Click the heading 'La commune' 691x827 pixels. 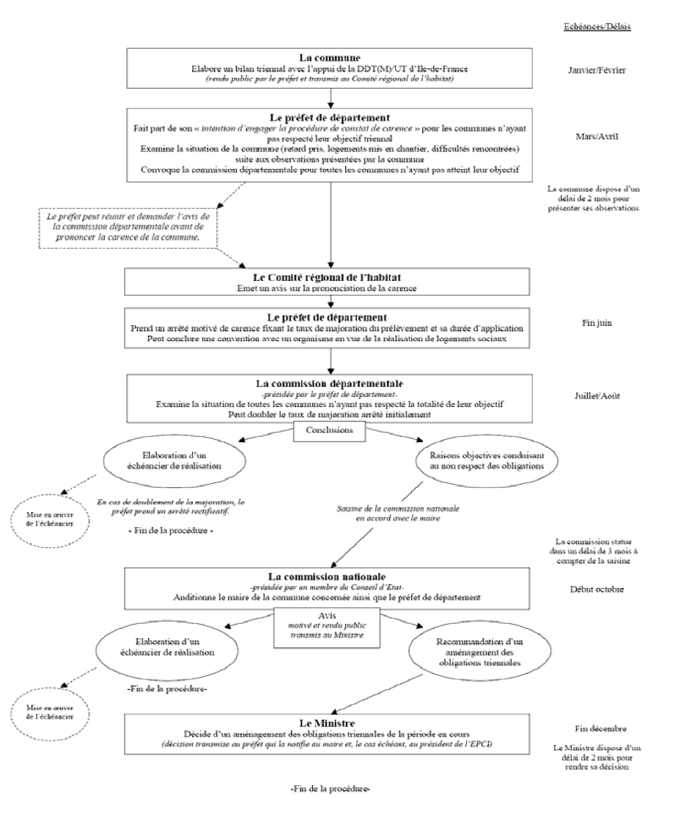tap(329, 58)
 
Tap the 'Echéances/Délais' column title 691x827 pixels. tap(597, 27)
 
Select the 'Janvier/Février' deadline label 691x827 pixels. tap(597, 69)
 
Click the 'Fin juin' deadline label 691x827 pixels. tap(596, 323)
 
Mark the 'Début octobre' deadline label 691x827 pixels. tap(596, 589)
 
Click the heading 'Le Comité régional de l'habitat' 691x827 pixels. tap(329, 278)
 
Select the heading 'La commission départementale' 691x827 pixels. tap(329, 383)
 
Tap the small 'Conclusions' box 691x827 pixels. tap(329, 430)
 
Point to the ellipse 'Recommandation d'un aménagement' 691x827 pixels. tap(479, 652)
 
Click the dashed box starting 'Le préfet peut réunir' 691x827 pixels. tap(127, 227)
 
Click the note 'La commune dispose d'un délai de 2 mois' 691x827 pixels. tap(594, 199)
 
